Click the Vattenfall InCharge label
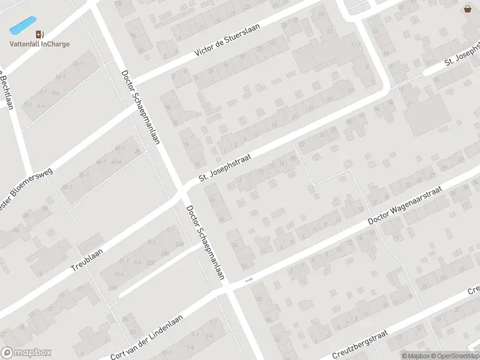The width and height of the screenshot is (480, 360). click(x=39, y=44)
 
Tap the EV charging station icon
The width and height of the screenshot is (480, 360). click(x=40, y=34)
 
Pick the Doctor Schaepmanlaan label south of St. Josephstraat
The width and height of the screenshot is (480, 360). click(x=205, y=243)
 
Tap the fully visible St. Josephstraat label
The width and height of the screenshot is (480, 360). click(x=224, y=168)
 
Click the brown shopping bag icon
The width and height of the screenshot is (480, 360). click(x=467, y=8)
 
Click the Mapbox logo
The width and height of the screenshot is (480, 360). click(x=26, y=353)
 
